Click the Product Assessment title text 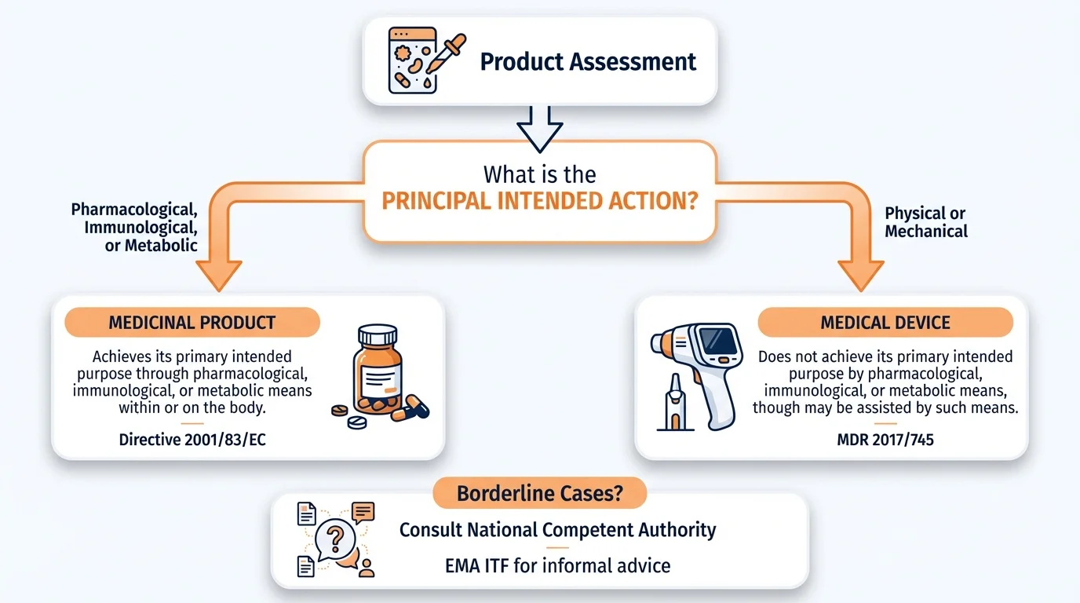click(x=588, y=62)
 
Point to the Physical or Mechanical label click(x=925, y=222)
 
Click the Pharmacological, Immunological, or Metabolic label click(x=133, y=228)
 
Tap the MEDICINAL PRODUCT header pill click(x=192, y=323)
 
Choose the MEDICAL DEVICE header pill click(x=885, y=323)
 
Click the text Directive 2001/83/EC click(x=192, y=440)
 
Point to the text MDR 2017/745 click(x=885, y=440)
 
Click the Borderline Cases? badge click(x=539, y=494)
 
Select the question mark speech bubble click(x=335, y=539)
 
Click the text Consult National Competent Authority click(x=557, y=530)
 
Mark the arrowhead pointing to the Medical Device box click(x=860, y=276)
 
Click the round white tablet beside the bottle click(x=356, y=422)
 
